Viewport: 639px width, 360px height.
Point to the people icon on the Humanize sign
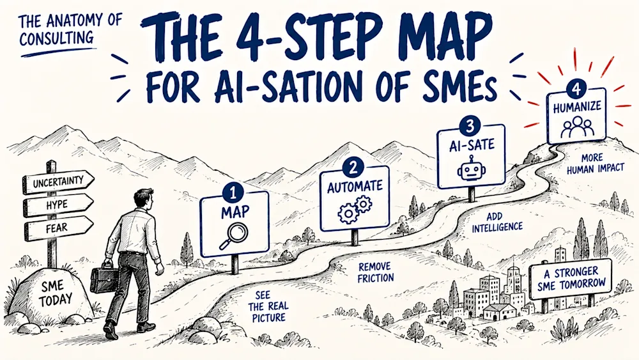point(578,127)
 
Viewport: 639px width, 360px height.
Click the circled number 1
point(233,193)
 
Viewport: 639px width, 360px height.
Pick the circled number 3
point(470,127)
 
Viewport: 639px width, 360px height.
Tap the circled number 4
point(576,90)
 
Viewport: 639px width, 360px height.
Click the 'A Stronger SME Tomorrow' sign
point(571,278)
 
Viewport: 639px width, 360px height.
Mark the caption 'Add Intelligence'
point(497,222)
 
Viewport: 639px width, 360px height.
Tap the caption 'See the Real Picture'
point(269,306)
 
